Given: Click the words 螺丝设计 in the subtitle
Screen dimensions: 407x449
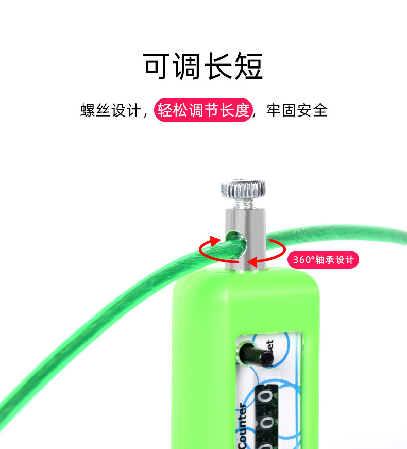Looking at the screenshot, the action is [x=110, y=110].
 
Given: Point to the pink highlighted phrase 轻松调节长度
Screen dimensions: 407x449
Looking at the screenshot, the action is [x=203, y=110].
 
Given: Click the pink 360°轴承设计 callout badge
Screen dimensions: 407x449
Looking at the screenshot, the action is [x=323, y=260].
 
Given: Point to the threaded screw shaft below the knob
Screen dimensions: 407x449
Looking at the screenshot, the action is [x=244, y=204].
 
